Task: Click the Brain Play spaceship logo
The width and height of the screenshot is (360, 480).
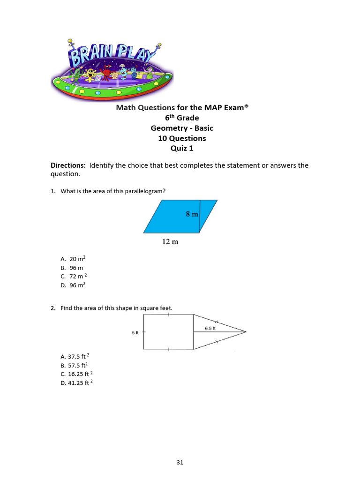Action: point(112,69)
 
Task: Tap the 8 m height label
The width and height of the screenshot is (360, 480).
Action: point(192,214)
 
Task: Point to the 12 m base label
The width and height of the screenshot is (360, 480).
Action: point(170,242)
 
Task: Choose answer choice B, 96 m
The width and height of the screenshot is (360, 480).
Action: point(72,268)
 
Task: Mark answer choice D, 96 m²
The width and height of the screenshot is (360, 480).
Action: point(73,285)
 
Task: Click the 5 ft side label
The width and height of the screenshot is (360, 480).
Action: point(135,332)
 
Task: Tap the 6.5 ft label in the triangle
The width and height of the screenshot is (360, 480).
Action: point(210,328)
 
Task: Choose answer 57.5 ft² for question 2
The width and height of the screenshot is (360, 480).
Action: point(74,365)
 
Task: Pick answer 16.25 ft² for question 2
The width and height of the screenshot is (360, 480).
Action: point(76,374)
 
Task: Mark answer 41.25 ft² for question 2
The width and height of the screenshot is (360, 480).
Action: point(76,383)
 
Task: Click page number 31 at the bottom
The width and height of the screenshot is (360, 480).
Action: point(180,462)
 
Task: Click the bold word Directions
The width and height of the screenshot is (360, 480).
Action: point(68,165)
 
